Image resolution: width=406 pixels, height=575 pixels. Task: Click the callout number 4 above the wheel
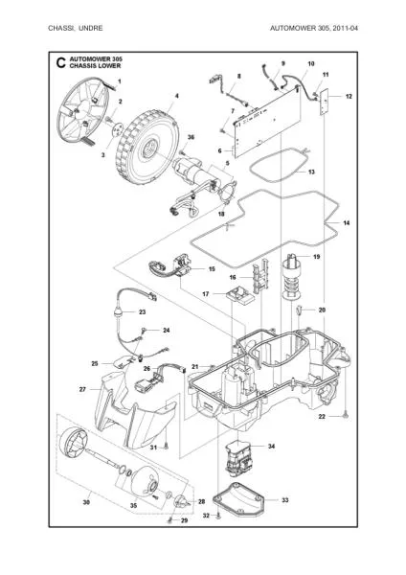coord(176,97)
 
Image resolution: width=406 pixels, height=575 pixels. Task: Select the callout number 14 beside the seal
coord(347,222)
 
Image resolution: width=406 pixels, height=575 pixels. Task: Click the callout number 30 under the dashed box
coord(87,502)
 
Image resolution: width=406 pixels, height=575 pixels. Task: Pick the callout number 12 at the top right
coord(349,97)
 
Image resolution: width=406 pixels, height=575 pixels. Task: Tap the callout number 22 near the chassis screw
coord(323,416)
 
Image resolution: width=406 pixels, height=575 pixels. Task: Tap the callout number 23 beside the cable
coord(142,312)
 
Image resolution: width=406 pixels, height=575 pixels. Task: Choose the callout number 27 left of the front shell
coord(82,389)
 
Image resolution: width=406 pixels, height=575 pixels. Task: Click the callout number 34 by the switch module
coord(271,447)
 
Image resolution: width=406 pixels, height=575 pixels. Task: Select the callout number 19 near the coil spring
coord(317,258)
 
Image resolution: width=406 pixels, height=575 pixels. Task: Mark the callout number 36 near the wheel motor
coord(191,138)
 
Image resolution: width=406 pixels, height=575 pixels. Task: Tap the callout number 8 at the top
coord(237,75)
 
